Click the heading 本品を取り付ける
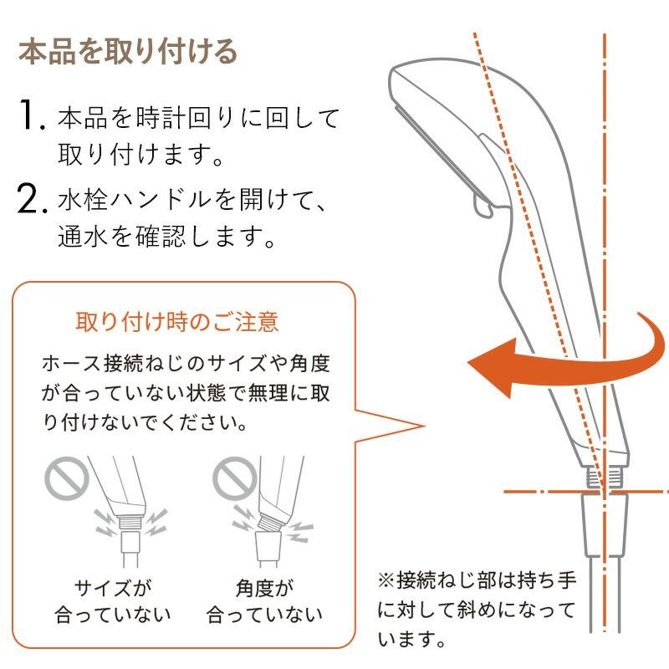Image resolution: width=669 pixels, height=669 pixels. (x=128, y=52)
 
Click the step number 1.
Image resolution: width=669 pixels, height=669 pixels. (x=31, y=115)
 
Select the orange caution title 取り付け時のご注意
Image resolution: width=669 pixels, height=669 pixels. (x=177, y=322)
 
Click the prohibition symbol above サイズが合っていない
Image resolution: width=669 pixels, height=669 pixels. (x=67, y=477)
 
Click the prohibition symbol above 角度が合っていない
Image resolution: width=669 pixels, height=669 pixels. (x=234, y=477)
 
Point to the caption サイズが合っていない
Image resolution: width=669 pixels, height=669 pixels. (x=113, y=601)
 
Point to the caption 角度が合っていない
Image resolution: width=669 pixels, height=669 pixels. (x=264, y=601)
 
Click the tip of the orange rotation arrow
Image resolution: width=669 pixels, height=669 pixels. (x=468, y=363)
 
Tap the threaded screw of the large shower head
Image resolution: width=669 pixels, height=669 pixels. (x=604, y=477)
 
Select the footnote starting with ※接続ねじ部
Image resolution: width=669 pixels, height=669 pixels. (x=477, y=610)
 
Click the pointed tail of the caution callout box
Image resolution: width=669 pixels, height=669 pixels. (x=424, y=426)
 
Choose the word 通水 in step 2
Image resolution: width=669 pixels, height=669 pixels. (x=82, y=236)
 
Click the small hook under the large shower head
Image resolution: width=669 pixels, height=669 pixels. (x=484, y=206)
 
